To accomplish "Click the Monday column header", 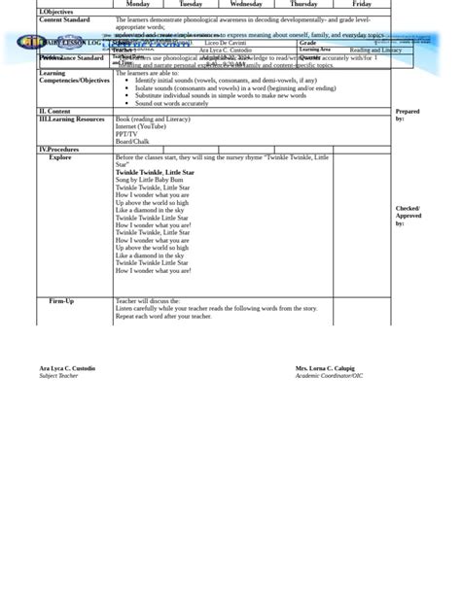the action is click(x=138, y=4).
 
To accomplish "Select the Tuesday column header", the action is click(x=191, y=4).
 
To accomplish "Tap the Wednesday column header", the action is click(x=246, y=4).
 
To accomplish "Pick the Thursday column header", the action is click(x=303, y=4).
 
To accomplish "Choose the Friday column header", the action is click(x=362, y=4).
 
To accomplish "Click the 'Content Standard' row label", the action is click(x=64, y=19).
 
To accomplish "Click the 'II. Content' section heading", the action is click(x=55, y=112).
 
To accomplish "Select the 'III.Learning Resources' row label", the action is click(x=71, y=119).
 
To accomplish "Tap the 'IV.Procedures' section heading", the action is click(x=59, y=150).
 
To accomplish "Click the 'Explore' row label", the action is click(x=60, y=157).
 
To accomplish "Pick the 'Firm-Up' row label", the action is click(x=61, y=301).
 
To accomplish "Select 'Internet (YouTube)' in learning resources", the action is click(x=140, y=126).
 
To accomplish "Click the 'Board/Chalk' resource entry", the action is click(x=132, y=142).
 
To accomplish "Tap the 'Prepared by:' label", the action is click(x=408, y=115).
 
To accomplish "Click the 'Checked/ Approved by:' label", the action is click(x=408, y=216).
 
